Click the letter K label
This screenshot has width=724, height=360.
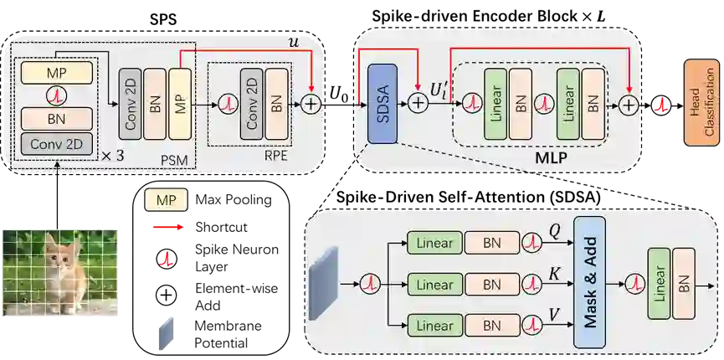554,274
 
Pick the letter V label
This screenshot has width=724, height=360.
554,314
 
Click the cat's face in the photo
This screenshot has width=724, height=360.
59,255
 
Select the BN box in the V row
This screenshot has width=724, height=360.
491,325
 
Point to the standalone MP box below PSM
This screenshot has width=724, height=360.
165,200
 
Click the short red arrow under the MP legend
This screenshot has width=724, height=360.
167,228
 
